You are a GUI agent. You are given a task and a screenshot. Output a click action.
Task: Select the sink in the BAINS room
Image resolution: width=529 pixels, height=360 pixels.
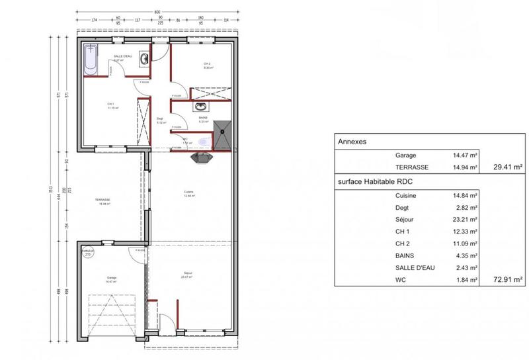pyautogui.click(x=201, y=107)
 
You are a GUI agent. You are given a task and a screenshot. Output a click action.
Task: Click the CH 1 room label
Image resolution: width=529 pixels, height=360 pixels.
pyautogui.click(x=112, y=105)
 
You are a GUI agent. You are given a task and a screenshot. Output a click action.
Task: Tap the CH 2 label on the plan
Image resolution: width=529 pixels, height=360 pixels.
pyautogui.click(x=207, y=64)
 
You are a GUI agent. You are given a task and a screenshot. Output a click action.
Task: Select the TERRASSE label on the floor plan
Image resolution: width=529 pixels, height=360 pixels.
pyautogui.click(x=102, y=200)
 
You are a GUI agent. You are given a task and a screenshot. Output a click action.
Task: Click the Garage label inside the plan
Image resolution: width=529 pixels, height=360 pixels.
pyautogui.click(x=112, y=278)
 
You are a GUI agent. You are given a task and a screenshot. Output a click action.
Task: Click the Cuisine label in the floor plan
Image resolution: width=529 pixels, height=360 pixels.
pyautogui.click(x=188, y=193)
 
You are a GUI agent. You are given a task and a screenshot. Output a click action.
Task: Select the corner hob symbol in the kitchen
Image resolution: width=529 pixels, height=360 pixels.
pyautogui.click(x=200, y=157)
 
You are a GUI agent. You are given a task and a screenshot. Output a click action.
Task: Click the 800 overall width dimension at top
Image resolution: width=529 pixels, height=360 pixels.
pyautogui.click(x=157, y=12)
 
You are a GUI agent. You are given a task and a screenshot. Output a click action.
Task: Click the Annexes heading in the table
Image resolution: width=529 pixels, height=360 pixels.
pyautogui.click(x=352, y=142)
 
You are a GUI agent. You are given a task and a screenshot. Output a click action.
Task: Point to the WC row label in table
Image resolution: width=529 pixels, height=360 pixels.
pyautogui.click(x=401, y=280)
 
